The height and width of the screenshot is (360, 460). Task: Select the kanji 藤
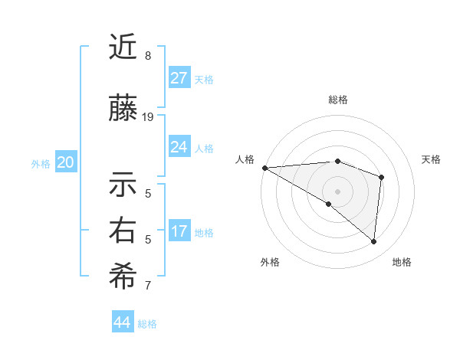tap(123, 110)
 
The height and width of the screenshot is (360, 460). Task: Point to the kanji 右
tap(123, 231)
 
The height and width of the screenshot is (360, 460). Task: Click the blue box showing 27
tap(179, 78)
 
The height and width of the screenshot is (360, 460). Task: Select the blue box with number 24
tap(179, 147)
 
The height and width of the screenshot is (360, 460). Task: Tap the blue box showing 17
tap(179, 231)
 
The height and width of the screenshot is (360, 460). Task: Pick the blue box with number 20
tap(66, 162)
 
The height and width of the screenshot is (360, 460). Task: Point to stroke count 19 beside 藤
tap(148, 117)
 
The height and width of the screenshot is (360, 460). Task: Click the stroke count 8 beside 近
tap(147, 56)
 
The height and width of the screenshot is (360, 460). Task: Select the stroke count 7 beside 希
tap(148, 286)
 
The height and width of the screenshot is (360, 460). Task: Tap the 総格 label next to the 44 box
tap(147, 324)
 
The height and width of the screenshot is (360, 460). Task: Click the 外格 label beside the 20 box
tap(41, 163)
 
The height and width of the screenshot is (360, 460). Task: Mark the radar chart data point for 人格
tap(264, 168)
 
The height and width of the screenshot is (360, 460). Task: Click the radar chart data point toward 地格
tap(374, 242)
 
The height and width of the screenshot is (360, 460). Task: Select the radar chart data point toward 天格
tap(381, 177)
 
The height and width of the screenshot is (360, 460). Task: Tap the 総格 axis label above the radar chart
tap(338, 100)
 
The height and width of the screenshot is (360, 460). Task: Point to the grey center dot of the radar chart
tap(337, 191)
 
